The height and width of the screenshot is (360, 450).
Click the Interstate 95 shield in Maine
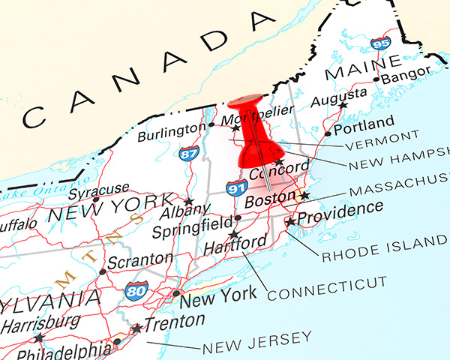tap(380, 43)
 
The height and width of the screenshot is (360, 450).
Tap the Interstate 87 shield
tap(187, 154)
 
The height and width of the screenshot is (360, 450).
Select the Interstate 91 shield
tap(237, 187)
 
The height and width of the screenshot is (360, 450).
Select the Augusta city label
tap(338, 95)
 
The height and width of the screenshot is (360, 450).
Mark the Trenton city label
tap(175, 321)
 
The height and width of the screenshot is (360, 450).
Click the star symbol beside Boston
tap(304, 195)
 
